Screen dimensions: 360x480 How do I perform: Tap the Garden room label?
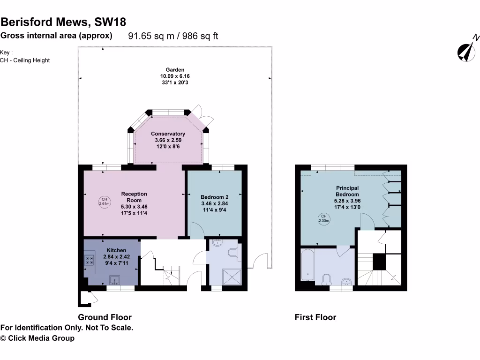[174, 69]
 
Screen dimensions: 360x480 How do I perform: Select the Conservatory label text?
[168, 134]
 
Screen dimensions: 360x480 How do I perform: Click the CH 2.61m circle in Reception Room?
[104, 202]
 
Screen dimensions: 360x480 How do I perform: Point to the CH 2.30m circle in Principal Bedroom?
[324, 218]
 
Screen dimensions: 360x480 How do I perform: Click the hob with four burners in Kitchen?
[89, 261]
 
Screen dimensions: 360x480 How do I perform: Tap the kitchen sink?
[114, 280]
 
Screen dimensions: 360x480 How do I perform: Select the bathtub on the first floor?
[307, 265]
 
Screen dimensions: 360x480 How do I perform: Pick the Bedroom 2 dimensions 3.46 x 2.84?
[214, 204]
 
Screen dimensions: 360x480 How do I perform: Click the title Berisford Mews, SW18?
[63, 22]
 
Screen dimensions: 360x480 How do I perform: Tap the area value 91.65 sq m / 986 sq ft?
[173, 36]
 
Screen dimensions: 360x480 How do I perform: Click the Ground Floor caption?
[105, 317]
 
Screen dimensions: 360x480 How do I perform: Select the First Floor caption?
[315, 317]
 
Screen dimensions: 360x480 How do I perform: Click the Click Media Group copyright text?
[37, 338]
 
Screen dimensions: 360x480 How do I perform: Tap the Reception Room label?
[134, 197]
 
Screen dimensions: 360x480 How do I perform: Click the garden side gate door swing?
[259, 260]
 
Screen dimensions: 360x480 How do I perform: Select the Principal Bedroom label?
[347, 191]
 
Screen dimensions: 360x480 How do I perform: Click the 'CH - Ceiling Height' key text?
[25, 60]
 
